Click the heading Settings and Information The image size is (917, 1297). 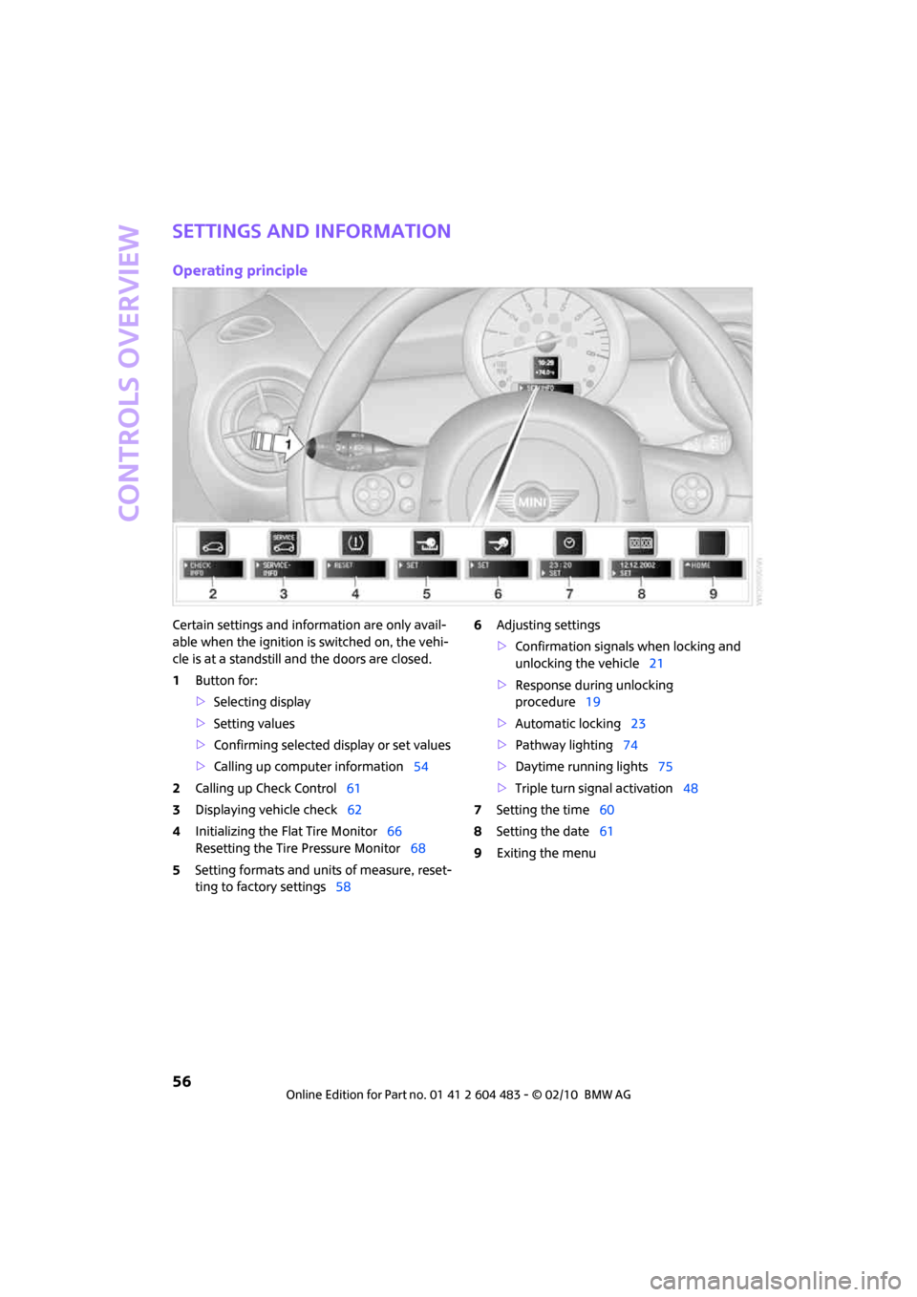[311, 231]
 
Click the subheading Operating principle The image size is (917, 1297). [240, 270]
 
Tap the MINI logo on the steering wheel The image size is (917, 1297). [533, 502]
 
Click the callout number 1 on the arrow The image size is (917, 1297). [288, 444]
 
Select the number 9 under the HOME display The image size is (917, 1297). [713, 594]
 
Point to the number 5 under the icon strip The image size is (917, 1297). [426, 594]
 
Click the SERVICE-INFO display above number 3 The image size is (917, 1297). [284, 568]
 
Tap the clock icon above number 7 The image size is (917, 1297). [569, 543]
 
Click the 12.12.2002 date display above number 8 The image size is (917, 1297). [641, 568]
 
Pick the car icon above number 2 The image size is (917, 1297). [213, 544]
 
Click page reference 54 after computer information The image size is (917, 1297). [420, 767]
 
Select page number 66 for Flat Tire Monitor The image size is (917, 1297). [395, 832]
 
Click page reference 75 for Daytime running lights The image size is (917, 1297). [665, 767]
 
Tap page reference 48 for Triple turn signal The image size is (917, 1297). [691, 789]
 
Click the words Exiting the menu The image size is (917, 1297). [546, 854]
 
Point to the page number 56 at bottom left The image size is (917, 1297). [181, 1081]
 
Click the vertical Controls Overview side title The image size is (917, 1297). [130, 372]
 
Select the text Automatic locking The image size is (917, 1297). [567, 724]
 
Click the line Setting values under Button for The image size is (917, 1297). [254, 724]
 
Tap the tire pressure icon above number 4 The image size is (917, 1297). [355, 543]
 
